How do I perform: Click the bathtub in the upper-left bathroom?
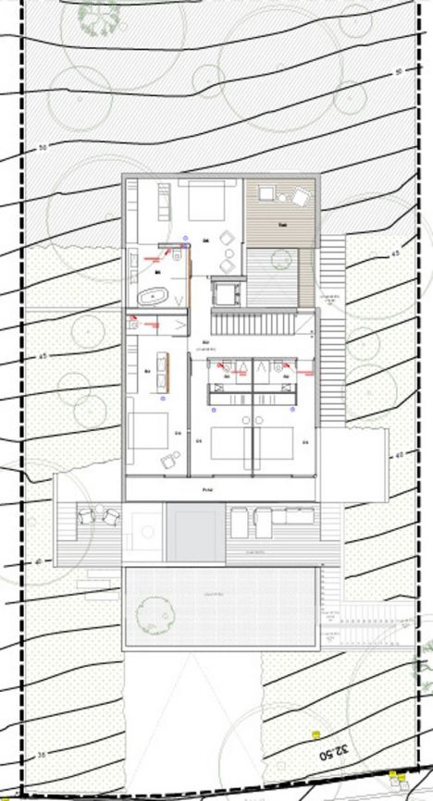153,298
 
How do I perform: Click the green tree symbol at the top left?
98,12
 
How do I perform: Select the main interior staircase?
263,323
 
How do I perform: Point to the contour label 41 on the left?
40,561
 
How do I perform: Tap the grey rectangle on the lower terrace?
194,534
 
